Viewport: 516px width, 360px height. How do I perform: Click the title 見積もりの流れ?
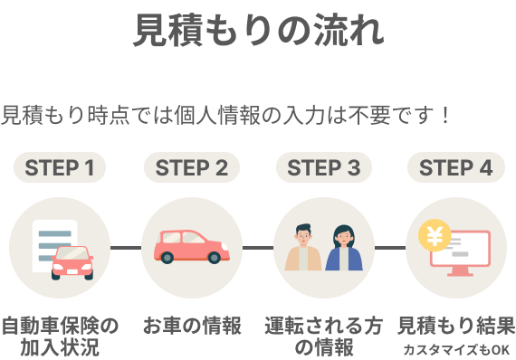click(x=258, y=31)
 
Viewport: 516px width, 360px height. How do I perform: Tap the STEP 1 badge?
click(x=60, y=167)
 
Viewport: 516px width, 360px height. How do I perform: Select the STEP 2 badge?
click(x=192, y=167)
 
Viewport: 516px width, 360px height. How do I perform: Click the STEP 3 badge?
click(x=324, y=167)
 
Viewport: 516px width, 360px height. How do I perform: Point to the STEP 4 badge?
click(x=455, y=167)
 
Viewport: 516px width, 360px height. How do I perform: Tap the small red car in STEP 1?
click(x=72, y=261)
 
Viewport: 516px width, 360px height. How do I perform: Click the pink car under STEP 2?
click(x=191, y=246)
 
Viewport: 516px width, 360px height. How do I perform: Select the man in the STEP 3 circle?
click(x=304, y=249)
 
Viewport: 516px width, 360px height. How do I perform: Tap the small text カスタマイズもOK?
click(x=456, y=349)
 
